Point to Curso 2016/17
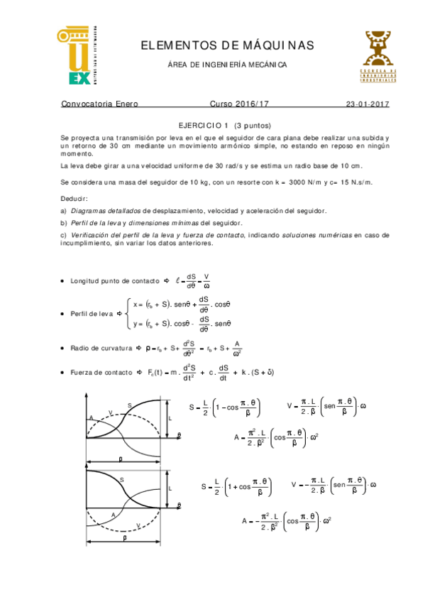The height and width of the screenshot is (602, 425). point(240,104)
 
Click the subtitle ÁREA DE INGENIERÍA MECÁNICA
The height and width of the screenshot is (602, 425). point(227,65)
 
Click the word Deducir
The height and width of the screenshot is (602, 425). point(74,199)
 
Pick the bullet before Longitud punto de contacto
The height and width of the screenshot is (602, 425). point(63,281)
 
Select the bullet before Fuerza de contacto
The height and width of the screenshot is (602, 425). point(63,372)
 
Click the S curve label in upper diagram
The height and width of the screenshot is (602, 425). point(129,405)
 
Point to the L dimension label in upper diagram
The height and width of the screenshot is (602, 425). point(170,420)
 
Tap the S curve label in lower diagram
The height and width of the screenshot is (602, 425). point(121,481)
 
